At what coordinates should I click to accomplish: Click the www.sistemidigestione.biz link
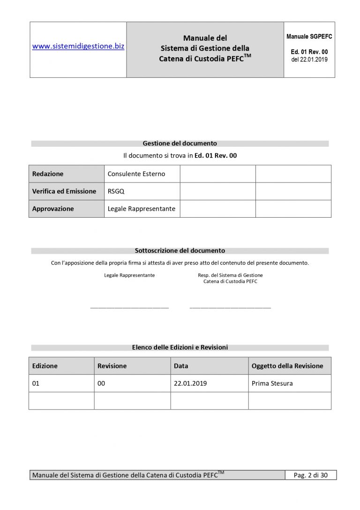78,46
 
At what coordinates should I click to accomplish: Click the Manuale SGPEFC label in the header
309,37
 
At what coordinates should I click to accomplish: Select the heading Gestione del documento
180,144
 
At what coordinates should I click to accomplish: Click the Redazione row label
48,174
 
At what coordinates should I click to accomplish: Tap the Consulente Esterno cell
136,174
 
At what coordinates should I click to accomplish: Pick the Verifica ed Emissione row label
64,191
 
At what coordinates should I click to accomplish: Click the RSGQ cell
116,191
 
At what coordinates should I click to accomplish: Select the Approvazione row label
53,209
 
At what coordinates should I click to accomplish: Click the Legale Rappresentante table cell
142,209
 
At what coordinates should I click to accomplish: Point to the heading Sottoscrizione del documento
180,251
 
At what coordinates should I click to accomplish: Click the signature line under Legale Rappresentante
129,308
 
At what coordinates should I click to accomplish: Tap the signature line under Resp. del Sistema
230,308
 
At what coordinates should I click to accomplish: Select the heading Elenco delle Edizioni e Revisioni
180,348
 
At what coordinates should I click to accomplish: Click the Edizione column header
45,366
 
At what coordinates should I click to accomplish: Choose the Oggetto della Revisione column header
287,366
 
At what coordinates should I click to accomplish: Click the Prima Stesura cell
272,383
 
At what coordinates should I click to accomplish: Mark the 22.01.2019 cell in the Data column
190,383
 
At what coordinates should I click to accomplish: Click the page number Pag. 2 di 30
311,475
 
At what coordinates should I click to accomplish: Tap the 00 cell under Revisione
101,383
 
